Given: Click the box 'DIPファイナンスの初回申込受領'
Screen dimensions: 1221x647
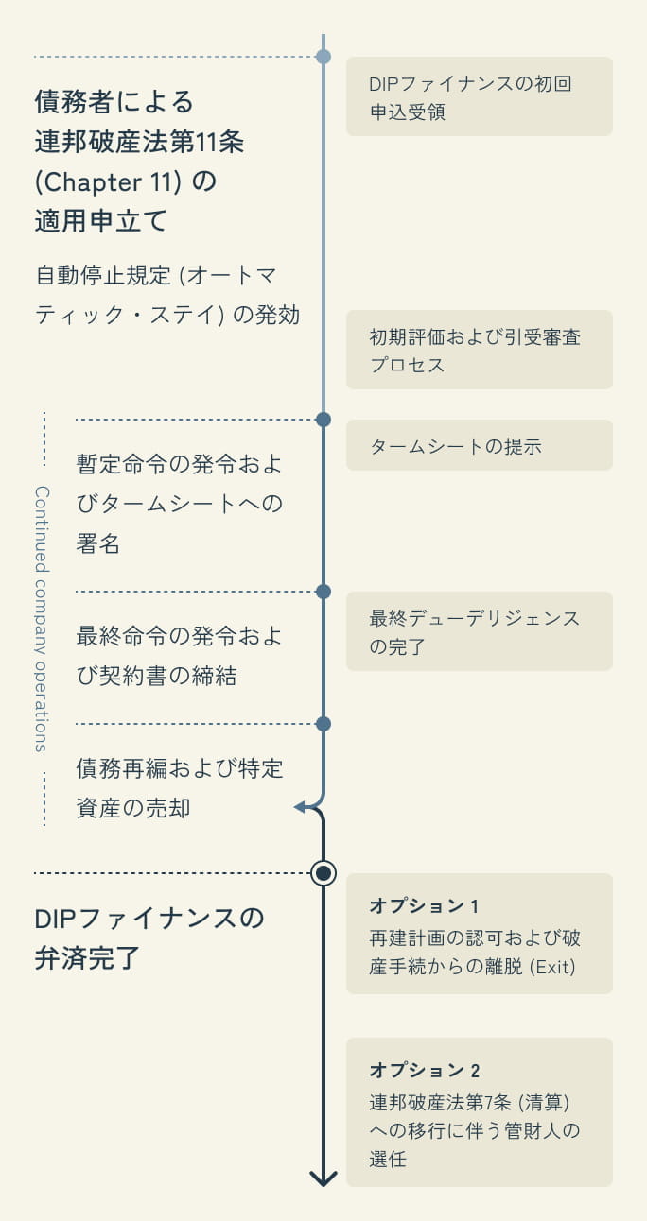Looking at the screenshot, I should (479, 96).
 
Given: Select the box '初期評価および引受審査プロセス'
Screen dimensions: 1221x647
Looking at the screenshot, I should (479, 350).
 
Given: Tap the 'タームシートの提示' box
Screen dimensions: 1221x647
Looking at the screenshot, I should (479, 445).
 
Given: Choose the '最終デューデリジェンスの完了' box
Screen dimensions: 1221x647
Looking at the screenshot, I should (479, 631).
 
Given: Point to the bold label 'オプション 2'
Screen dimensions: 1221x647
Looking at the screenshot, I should (425, 1070).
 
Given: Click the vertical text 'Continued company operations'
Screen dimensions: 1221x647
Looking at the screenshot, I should (43, 619).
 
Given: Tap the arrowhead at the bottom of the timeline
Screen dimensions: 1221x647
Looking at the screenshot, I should (323, 1178).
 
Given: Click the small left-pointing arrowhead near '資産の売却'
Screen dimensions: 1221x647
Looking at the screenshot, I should (300, 807).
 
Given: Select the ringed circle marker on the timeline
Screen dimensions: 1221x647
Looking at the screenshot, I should (323, 873).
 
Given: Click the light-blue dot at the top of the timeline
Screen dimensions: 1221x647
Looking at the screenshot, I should (323, 57).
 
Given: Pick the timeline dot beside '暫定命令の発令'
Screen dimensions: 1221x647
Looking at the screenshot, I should (323, 419).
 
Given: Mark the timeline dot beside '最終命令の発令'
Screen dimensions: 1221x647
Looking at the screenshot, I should (323, 592).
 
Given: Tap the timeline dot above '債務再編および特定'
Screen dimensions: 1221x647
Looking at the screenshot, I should (323, 724).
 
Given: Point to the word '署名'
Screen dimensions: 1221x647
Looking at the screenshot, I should (97, 544).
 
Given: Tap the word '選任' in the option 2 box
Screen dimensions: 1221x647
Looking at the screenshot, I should (388, 1158).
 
